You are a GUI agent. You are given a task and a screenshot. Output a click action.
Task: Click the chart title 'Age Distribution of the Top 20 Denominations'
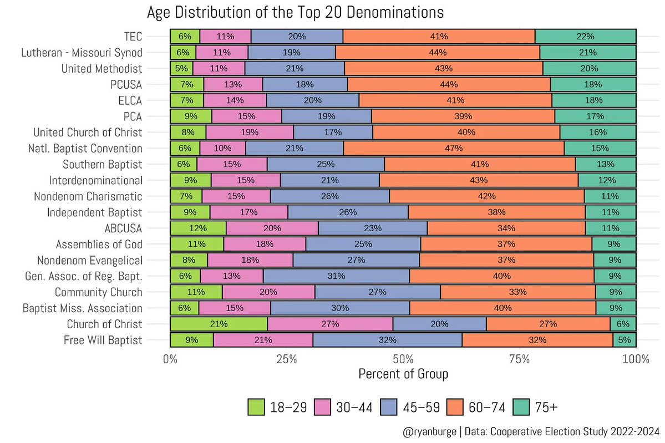point(295,12)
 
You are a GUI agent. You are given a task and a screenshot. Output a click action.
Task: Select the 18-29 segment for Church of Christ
point(219,324)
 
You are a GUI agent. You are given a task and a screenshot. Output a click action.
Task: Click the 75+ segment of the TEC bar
point(585,37)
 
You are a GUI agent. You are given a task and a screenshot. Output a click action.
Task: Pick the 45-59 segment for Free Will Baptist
point(387,340)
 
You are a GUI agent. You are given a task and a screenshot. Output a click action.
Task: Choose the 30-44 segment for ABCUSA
point(272,228)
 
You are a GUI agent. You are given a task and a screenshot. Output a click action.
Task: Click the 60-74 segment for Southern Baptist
point(480,165)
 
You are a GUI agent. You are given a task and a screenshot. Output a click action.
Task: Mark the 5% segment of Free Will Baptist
point(625,340)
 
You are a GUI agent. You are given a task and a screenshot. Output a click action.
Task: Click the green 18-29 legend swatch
point(257,407)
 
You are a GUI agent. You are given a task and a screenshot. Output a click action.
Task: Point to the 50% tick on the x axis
point(403,359)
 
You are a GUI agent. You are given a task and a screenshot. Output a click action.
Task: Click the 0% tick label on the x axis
point(170,359)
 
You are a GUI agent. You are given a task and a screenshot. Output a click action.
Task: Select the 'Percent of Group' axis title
point(403,374)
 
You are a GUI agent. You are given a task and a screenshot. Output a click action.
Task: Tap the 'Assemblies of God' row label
point(99,245)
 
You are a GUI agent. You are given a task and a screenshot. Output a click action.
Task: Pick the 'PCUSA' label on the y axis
point(126,85)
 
